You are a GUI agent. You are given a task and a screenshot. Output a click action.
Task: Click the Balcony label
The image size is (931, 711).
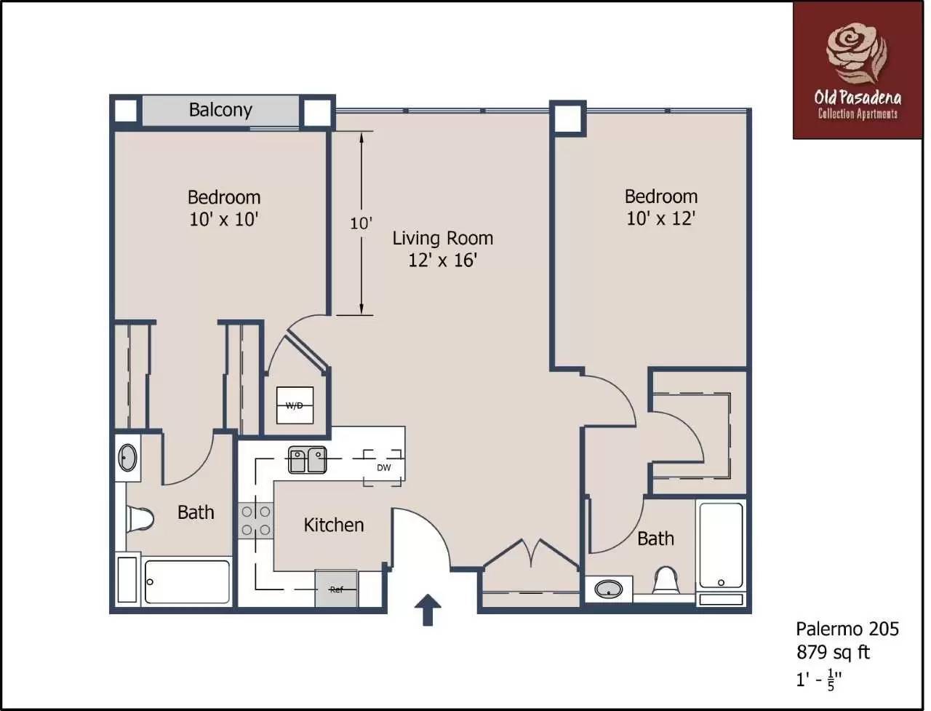click(x=220, y=110)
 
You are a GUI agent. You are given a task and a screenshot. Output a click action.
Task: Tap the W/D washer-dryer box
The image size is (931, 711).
click(x=295, y=405)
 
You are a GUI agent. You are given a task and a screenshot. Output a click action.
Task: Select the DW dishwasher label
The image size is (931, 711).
click(x=384, y=467)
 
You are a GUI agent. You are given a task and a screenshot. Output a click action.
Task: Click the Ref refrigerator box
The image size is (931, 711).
click(x=336, y=589)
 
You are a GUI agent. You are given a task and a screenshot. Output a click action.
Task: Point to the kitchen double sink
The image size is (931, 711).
click(x=307, y=460)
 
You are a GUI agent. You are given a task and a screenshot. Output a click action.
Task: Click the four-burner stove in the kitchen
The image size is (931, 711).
click(x=256, y=520)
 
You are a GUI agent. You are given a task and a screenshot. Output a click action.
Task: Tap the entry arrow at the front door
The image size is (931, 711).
click(x=428, y=610)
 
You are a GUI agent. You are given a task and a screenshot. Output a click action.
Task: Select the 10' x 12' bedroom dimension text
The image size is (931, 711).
click(x=661, y=218)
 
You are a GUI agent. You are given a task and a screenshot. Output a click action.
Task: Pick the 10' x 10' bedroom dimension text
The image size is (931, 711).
click(x=224, y=220)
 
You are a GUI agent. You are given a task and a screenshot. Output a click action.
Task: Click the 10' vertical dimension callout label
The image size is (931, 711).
click(x=361, y=223)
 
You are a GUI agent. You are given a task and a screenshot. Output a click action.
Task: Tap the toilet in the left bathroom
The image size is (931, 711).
click(x=140, y=517)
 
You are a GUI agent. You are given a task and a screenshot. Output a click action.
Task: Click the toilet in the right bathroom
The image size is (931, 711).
click(x=666, y=580)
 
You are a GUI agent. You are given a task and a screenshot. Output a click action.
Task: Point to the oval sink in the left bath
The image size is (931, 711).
click(x=128, y=457)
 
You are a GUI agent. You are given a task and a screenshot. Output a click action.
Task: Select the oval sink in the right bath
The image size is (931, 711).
click(x=609, y=589)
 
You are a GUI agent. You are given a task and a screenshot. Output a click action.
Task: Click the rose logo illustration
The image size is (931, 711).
click(x=857, y=55)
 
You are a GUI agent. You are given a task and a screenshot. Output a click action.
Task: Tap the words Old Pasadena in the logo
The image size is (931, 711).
click(x=858, y=99)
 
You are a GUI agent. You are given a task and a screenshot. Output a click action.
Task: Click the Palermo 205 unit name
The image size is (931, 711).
click(x=847, y=629)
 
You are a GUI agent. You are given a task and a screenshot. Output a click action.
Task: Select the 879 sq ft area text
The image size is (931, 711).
click(x=833, y=652)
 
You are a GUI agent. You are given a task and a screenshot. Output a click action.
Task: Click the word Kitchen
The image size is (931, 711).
click(x=334, y=525)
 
